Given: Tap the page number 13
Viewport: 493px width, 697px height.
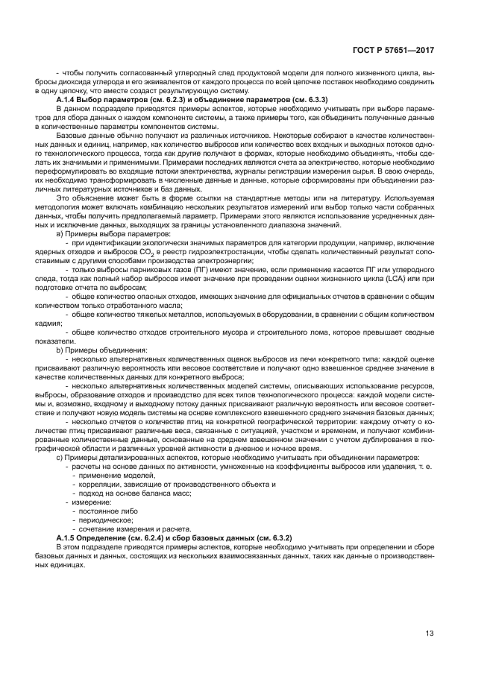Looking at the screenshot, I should tap(430, 634).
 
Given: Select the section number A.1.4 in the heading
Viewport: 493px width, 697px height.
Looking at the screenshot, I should tap(67, 99).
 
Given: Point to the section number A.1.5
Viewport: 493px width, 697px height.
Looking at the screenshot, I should tap(67, 537).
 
